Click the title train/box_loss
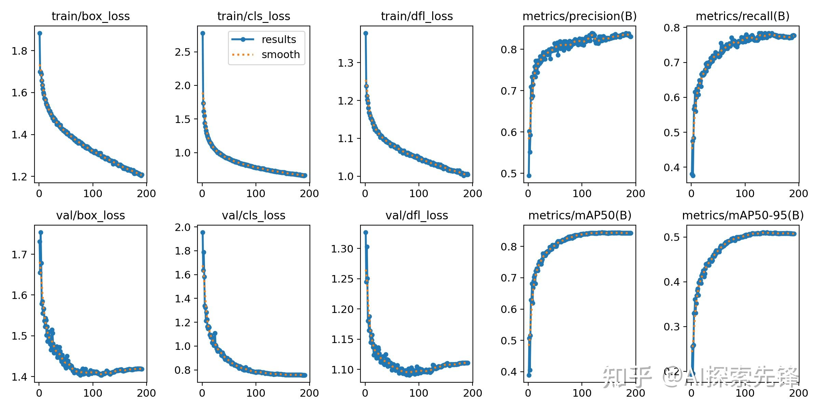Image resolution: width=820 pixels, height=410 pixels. (91, 16)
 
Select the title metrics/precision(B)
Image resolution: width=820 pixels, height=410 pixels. (579, 16)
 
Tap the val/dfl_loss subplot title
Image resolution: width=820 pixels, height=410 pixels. (416, 216)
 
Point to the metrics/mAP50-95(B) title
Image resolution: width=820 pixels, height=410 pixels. (743, 216)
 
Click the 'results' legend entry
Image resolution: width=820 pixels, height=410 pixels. (278, 40)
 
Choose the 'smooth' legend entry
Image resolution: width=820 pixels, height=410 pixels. (281, 55)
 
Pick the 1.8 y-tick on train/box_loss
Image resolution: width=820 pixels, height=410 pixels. (19, 51)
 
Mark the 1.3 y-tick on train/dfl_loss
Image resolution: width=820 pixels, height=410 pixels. (345, 63)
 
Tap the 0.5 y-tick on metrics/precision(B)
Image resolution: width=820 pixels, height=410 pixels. (508, 174)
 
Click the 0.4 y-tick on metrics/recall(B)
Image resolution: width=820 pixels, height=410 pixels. (671, 167)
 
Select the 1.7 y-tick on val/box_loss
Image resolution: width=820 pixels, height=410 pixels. (19, 255)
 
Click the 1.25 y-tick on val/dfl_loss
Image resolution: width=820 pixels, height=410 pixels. (342, 279)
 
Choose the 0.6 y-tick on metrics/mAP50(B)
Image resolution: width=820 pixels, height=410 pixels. (508, 309)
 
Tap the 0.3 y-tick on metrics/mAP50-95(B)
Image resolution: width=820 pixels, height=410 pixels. (671, 327)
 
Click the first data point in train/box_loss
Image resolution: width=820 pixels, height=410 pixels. (40, 33)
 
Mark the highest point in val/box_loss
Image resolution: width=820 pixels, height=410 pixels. (41, 232)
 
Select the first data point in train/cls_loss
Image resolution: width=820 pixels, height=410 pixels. (203, 33)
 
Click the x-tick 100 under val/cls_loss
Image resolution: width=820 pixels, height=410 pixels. (256, 393)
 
